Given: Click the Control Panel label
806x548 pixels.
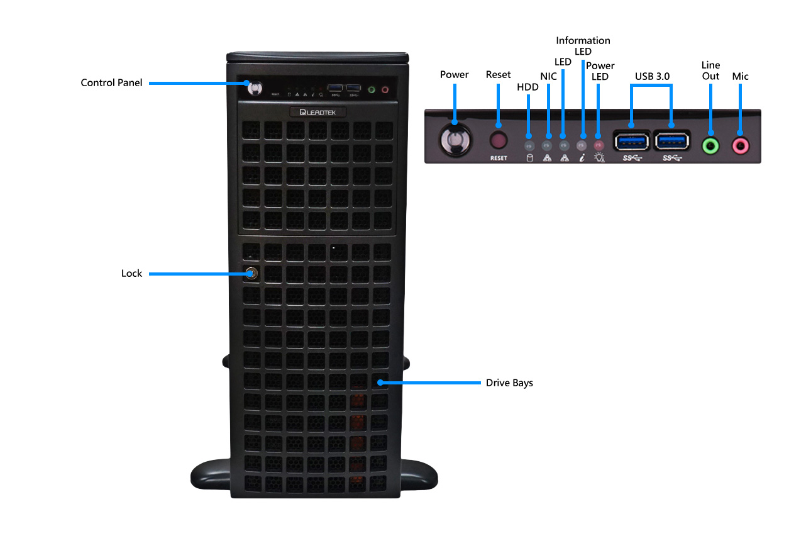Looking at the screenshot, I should pyautogui.click(x=111, y=82).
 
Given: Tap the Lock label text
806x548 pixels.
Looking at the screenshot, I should pyautogui.click(x=132, y=274).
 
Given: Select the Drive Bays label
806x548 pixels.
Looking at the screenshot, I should pyautogui.click(x=509, y=383).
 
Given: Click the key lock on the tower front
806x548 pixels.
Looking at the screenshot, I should pyautogui.click(x=251, y=273).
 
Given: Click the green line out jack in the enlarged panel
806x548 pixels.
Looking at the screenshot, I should pyautogui.click(x=710, y=146).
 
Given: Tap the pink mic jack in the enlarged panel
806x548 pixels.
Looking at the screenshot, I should pyautogui.click(x=740, y=146).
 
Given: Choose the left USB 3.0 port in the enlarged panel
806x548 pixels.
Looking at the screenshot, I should pyautogui.click(x=631, y=140).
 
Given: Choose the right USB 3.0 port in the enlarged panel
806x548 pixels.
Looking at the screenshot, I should pyautogui.click(x=671, y=140).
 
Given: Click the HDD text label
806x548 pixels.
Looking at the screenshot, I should pyautogui.click(x=527, y=87).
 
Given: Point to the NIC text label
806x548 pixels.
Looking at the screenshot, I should pyautogui.click(x=549, y=75).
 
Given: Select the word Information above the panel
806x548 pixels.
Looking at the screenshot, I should pyautogui.click(x=583, y=40).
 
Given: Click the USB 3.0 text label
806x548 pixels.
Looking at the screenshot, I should pyautogui.click(x=652, y=76).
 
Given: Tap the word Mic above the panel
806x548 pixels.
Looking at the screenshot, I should pyautogui.click(x=741, y=76).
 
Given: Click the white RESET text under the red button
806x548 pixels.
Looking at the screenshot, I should pyautogui.click(x=499, y=158).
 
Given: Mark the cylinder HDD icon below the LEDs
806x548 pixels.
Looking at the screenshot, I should pyautogui.click(x=529, y=158).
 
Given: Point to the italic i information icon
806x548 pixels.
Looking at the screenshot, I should pyautogui.click(x=582, y=158).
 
